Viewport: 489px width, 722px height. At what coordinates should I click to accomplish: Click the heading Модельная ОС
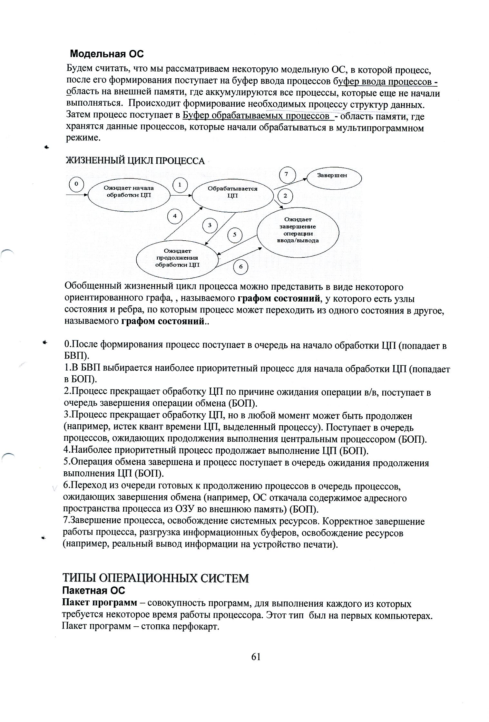point(107,54)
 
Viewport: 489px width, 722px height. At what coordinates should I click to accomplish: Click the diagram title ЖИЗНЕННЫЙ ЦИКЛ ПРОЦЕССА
point(135,161)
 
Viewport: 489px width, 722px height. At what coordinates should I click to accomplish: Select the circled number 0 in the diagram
point(76,184)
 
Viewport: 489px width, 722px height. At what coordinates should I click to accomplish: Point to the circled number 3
point(210,225)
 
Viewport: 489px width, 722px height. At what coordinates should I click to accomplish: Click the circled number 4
point(175,216)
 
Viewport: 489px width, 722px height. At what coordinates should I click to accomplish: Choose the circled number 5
point(235,235)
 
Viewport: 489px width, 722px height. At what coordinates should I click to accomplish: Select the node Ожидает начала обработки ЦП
point(129,192)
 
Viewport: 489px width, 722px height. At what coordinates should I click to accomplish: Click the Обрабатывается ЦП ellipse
point(232,192)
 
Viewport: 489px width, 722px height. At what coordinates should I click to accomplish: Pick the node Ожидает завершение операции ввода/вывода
point(298,230)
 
